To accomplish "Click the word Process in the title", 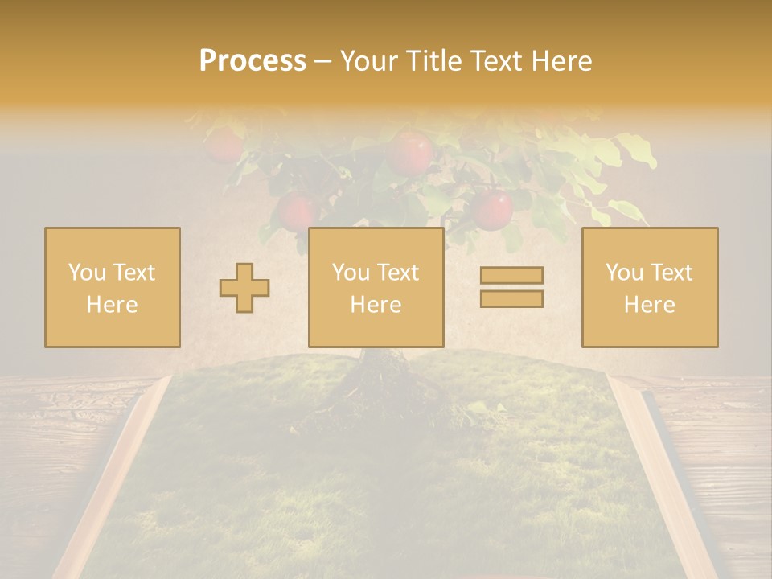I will click(253, 61).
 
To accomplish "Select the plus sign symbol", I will click(244, 288).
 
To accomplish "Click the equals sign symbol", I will click(511, 287).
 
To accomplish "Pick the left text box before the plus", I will click(113, 287).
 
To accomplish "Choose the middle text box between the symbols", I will click(376, 287).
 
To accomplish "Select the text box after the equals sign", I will click(650, 287).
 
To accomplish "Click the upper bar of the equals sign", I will click(511, 276).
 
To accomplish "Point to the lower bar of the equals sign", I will click(511, 298).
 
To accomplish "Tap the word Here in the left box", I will click(113, 305).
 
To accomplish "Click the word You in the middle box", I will click(351, 273).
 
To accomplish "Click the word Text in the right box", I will click(671, 273).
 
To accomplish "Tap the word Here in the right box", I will click(650, 305).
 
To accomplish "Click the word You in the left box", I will click(87, 273).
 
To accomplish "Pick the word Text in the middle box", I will click(397, 273).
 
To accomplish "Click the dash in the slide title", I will click(322, 62).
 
